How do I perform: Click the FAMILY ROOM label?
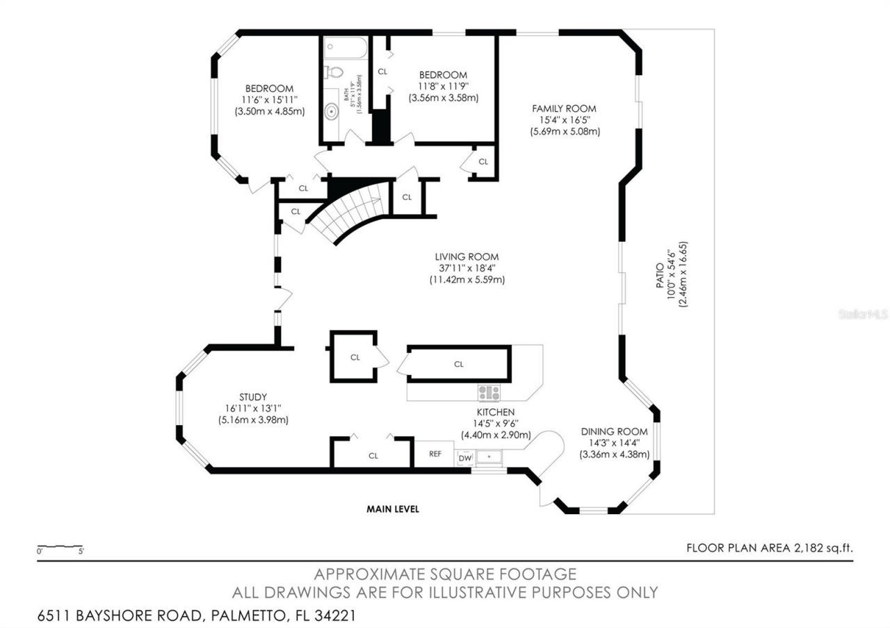coord(564,108)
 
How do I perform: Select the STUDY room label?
coord(253,397)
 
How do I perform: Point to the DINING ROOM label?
coord(614,431)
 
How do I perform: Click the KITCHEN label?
coord(495,412)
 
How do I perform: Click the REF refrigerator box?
coord(435,454)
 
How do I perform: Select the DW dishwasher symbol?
coord(464,458)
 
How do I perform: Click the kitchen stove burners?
coord(489,392)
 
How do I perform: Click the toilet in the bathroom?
coord(334,72)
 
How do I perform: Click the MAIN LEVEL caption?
coord(393,509)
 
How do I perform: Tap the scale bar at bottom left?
coord(60,547)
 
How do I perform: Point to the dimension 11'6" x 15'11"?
coord(268,100)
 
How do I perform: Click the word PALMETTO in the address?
coord(243,615)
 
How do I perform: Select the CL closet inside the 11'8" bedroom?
coord(382,72)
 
